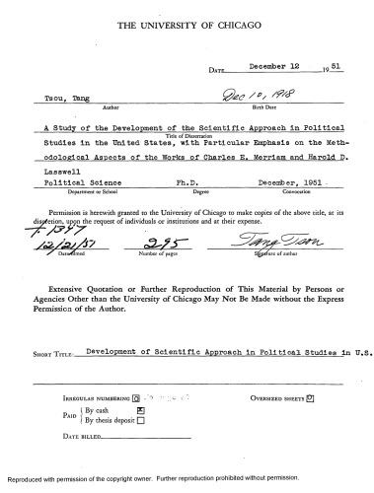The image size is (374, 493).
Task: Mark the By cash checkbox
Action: click(141, 406)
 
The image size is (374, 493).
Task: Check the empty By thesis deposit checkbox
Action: click(141, 418)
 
